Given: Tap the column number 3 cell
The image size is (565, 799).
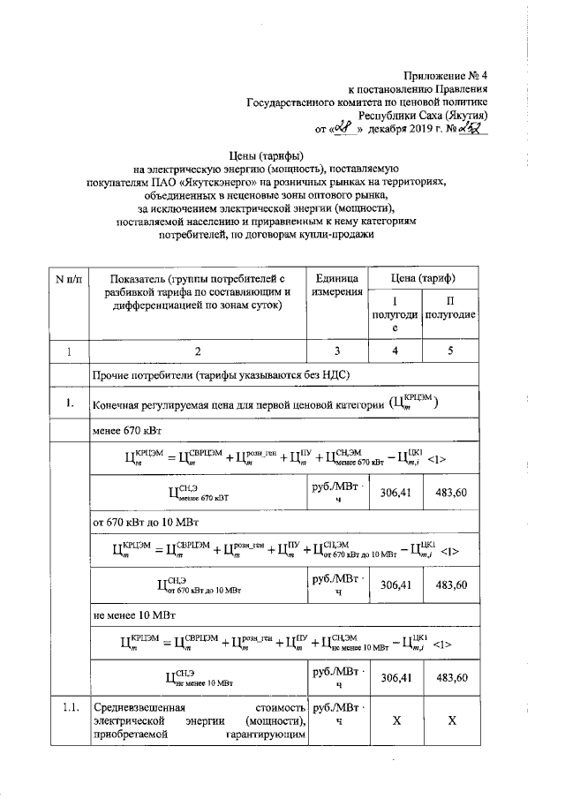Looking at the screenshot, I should click(x=336, y=351).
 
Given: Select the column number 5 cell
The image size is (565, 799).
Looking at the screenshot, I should click(x=451, y=351).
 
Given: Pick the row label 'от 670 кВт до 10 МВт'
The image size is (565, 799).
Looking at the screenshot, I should click(x=148, y=520).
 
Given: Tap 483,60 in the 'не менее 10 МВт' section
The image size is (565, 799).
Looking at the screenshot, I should click(x=451, y=677).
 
